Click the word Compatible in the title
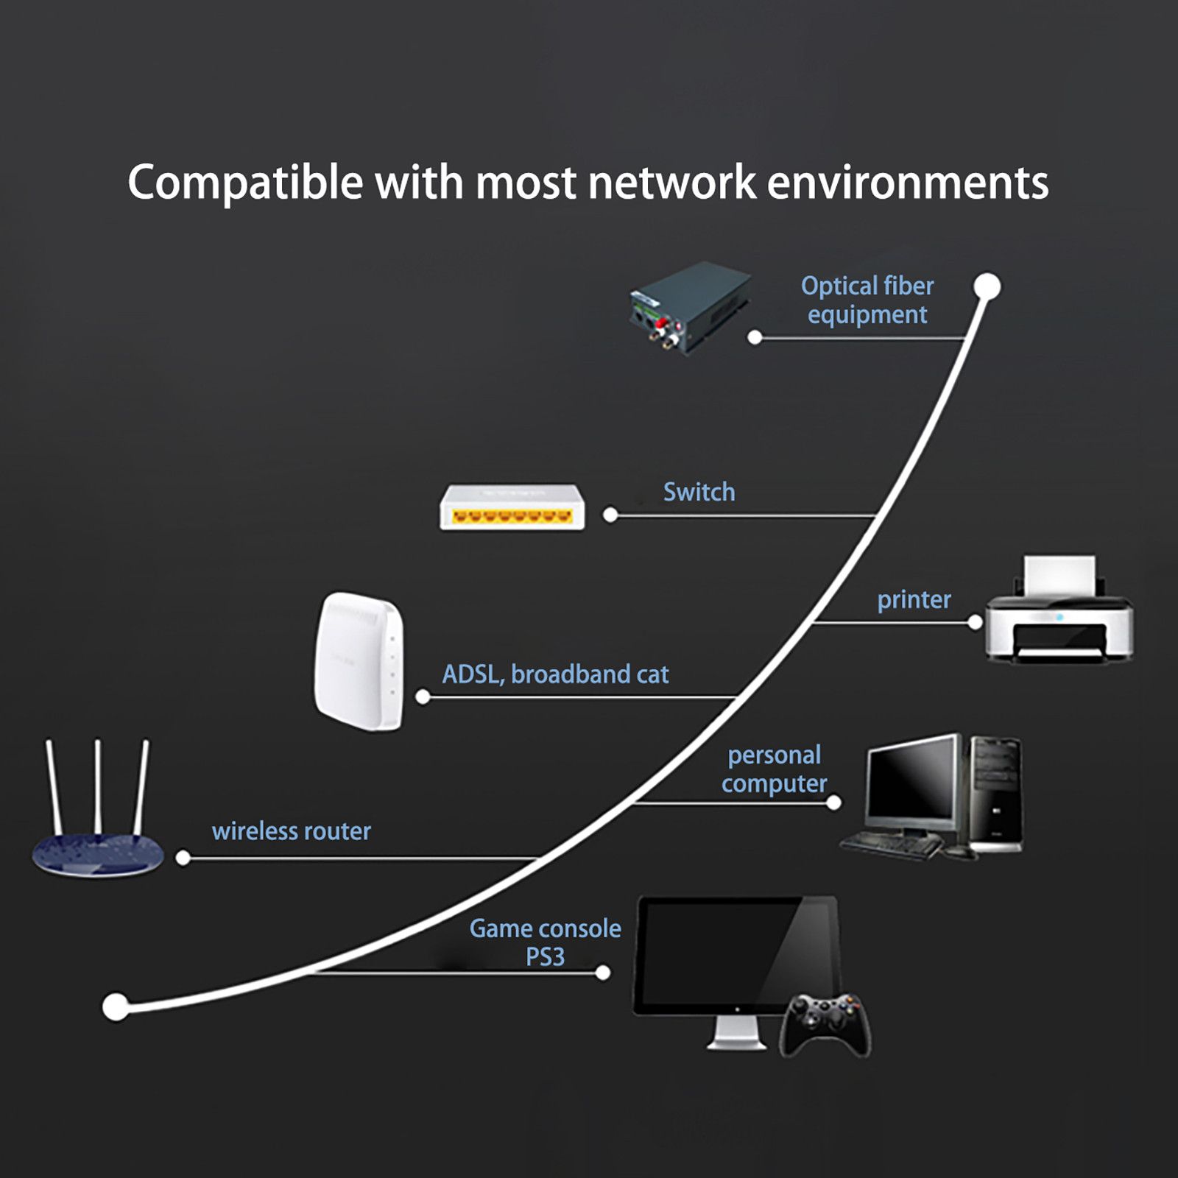(x=245, y=183)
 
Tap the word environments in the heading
(x=907, y=183)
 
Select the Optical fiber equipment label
(x=867, y=300)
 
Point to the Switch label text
(x=699, y=492)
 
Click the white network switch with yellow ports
(x=512, y=507)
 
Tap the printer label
(x=914, y=599)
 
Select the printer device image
(x=1059, y=618)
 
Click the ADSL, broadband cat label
(x=555, y=674)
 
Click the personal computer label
(x=774, y=769)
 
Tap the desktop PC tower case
(x=996, y=794)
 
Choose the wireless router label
(x=291, y=831)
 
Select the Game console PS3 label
(x=545, y=942)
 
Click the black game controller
(x=825, y=1025)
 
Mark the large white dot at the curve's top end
(x=987, y=286)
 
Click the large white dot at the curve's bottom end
(x=116, y=1006)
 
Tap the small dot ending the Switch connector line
(x=610, y=515)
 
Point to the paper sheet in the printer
(x=1059, y=576)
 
